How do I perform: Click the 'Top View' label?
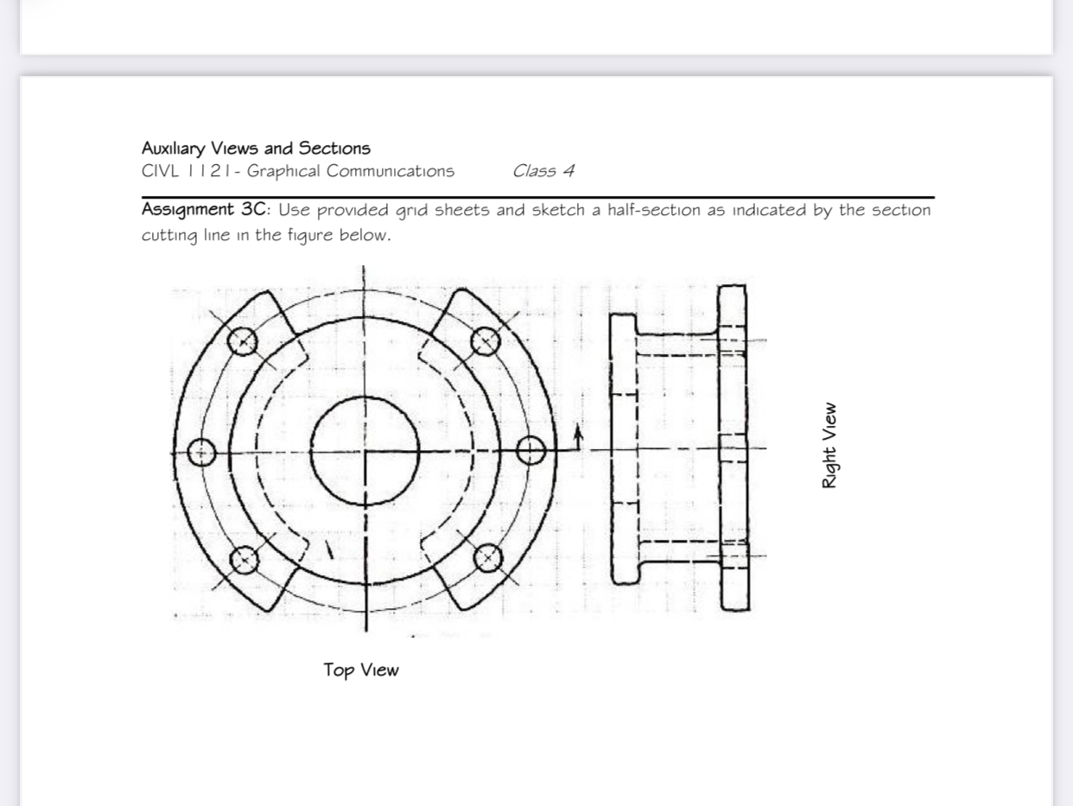point(361,670)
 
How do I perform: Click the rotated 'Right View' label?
point(829,445)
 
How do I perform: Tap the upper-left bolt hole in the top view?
point(243,341)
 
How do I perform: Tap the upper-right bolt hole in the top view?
point(486,341)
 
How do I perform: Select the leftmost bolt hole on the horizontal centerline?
point(201,452)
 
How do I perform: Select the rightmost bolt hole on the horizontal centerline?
point(531,450)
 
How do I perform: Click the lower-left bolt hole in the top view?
point(244,559)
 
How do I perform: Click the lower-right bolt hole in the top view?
point(488,558)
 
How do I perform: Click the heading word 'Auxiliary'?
point(176,149)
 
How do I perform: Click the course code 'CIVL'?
point(159,171)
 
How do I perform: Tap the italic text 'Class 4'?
point(543,171)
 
